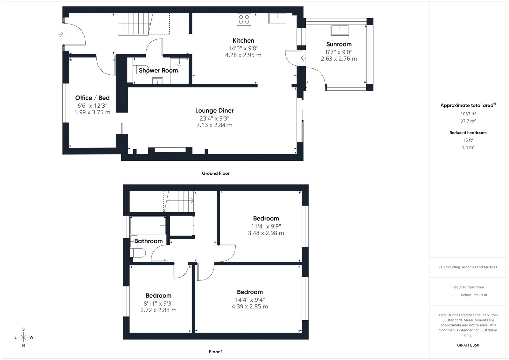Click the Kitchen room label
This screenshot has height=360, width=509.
243,41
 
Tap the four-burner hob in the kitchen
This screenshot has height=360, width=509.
244,19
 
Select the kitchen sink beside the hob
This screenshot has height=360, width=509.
277,18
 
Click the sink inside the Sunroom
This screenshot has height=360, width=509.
340,30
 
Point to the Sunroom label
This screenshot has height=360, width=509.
339,44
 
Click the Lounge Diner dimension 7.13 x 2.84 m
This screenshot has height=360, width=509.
214,125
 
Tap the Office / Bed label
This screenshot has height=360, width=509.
92,98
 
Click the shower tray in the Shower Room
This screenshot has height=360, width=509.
179,70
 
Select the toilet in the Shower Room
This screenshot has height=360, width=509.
140,70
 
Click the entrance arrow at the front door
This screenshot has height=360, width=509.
61,34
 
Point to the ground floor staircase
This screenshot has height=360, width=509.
135,24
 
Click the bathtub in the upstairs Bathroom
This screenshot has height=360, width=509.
148,225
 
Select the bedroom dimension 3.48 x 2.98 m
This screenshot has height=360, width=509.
266,233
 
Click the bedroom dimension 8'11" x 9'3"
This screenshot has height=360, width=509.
158,303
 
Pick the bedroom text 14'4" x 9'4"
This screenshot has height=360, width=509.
250,300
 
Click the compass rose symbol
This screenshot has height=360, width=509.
24,337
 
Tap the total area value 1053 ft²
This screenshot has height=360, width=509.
468,114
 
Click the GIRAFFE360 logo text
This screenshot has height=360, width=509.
468,345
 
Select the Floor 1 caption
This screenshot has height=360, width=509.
216,352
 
